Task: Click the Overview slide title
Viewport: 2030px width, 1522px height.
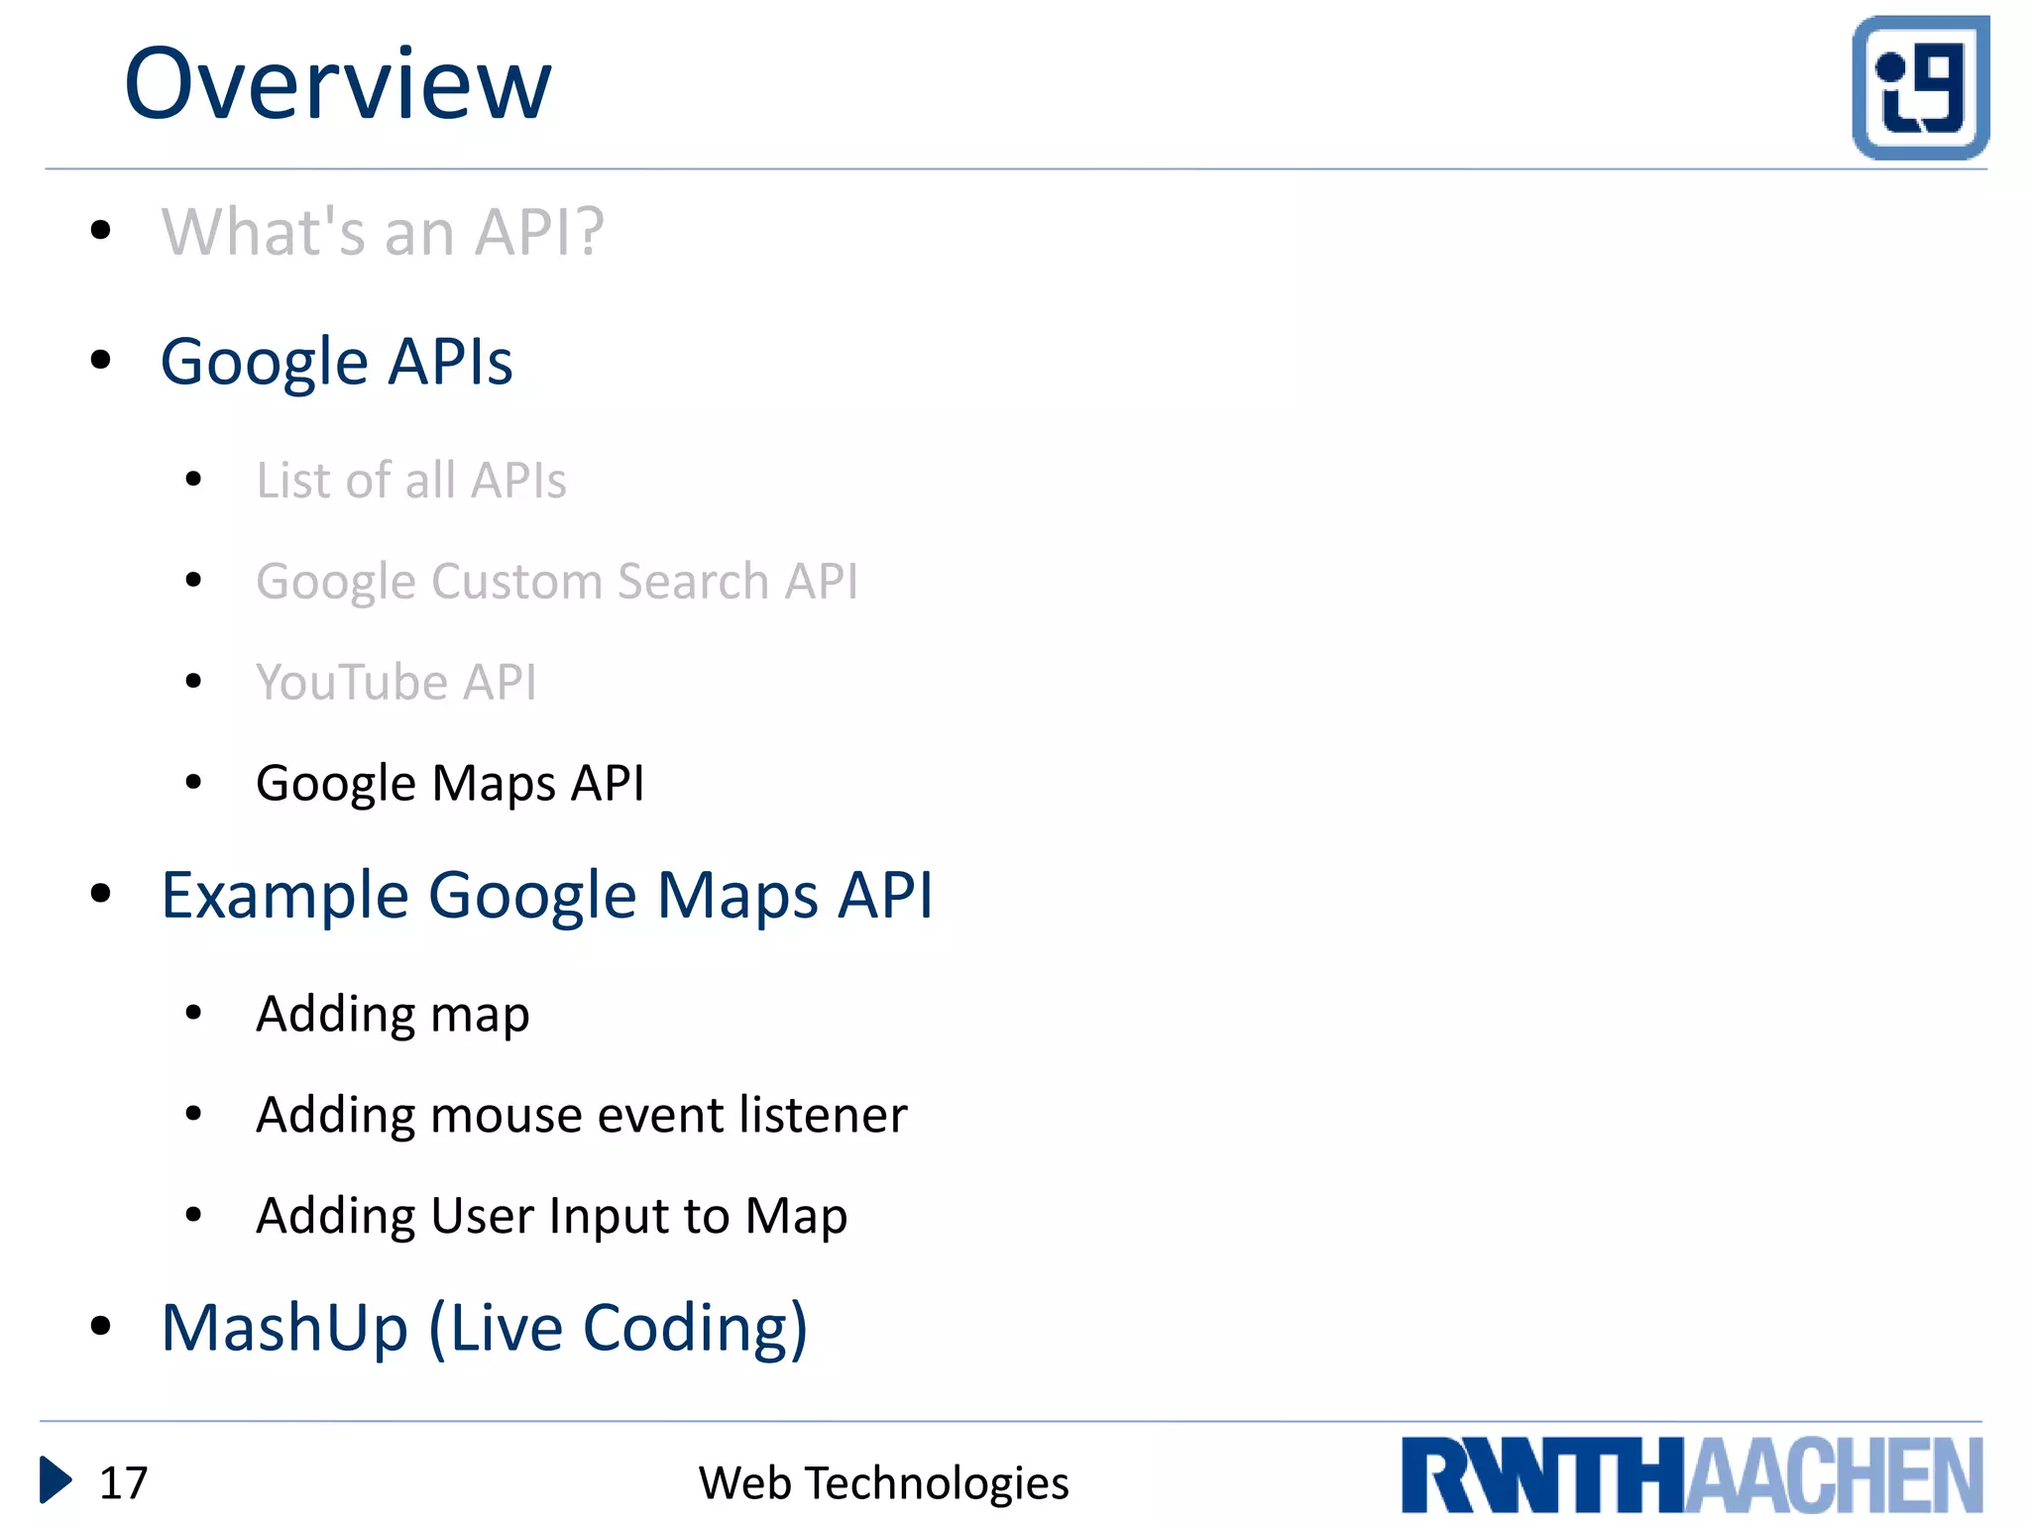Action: (x=337, y=85)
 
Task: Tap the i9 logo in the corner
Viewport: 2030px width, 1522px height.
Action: (x=1920, y=87)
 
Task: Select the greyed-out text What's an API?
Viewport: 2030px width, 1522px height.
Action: (x=383, y=232)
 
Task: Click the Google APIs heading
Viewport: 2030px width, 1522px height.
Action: (x=337, y=362)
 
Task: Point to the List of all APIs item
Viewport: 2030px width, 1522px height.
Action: (x=411, y=481)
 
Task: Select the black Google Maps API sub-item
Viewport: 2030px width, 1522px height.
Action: (x=450, y=783)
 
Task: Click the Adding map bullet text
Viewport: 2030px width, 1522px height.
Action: (x=393, y=1014)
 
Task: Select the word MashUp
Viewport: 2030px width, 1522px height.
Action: (x=285, y=1328)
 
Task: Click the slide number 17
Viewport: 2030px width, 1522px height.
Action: (x=124, y=1483)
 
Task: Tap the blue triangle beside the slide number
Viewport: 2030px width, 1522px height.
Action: (x=54, y=1480)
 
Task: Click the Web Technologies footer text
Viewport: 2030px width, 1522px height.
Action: (x=883, y=1483)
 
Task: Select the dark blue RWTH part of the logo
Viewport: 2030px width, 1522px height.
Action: (x=1542, y=1476)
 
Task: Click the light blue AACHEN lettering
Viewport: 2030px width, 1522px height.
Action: (x=1835, y=1476)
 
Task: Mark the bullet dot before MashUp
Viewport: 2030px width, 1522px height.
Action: (x=100, y=1326)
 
